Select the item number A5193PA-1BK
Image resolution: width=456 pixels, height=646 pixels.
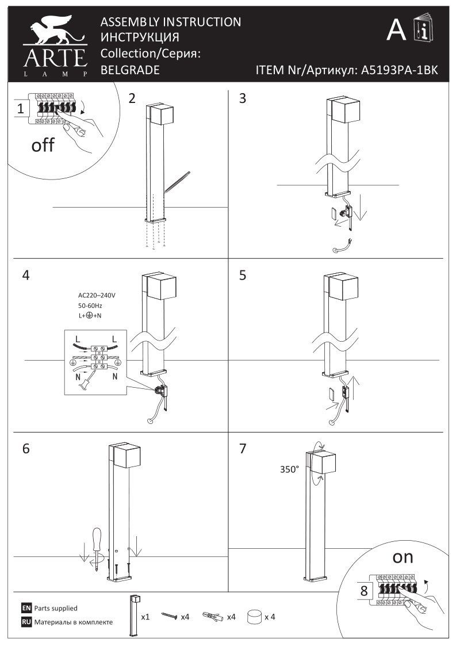[398, 70]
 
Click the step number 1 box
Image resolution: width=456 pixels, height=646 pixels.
[21, 108]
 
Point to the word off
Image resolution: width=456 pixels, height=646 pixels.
[43, 145]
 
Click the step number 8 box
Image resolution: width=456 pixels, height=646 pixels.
[364, 590]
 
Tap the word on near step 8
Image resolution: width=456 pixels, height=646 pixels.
[403, 557]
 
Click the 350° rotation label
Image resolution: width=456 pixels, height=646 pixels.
[289, 469]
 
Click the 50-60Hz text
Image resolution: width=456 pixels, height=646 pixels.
[91, 306]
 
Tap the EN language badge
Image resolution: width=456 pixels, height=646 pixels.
[26, 608]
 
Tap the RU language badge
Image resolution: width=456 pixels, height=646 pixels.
[26, 622]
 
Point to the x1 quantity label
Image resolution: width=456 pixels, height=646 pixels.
[146, 617]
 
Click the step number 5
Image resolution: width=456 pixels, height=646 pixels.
[243, 275]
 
